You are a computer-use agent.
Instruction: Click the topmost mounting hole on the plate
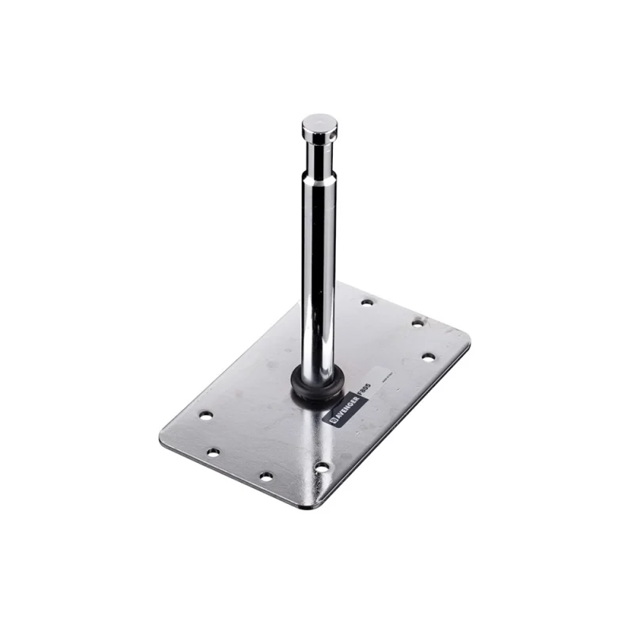(x=366, y=302)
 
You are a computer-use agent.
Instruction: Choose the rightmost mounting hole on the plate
(x=427, y=357)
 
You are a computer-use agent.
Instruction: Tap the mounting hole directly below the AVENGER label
(x=321, y=468)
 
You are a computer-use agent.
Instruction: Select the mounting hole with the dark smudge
(x=417, y=323)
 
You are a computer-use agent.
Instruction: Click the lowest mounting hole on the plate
(x=266, y=476)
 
